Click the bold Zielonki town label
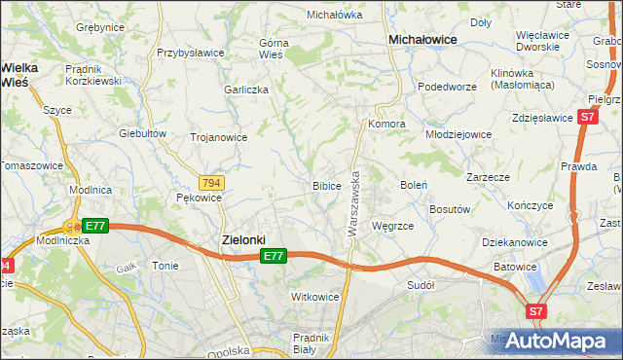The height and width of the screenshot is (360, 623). [x=238, y=238]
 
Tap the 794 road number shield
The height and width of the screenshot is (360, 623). [x=211, y=183]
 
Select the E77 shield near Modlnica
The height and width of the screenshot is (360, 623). [x=94, y=226]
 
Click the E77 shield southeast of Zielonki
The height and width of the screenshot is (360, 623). [x=274, y=256]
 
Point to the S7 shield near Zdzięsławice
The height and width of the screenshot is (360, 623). [x=586, y=117]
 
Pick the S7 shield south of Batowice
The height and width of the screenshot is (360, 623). [x=535, y=312]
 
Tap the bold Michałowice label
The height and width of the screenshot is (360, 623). [x=423, y=40]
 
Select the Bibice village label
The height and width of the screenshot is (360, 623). [x=326, y=185]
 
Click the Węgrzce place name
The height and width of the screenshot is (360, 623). [x=393, y=226]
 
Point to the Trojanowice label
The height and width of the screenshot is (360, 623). [x=218, y=137]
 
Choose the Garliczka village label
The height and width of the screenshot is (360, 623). [x=245, y=89]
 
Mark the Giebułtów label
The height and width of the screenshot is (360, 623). [x=139, y=132]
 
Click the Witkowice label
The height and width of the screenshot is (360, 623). [x=314, y=296]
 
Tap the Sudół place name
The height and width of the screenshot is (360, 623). [x=421, y=285]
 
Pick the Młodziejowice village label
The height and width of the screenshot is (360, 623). [x=461, y=133]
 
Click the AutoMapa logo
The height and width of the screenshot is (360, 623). [x=558, y=342]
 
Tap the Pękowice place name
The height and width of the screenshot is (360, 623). [x=199, y=198]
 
